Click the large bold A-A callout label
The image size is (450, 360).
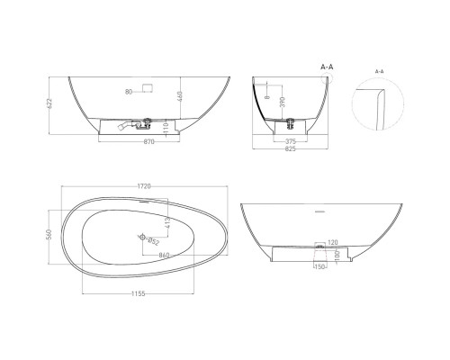(x=329, y=66)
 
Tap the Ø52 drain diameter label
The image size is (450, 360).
(x=153, y=241)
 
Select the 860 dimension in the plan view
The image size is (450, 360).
(x=166, y=256)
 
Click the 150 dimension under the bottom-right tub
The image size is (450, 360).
(x=318, y=266)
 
